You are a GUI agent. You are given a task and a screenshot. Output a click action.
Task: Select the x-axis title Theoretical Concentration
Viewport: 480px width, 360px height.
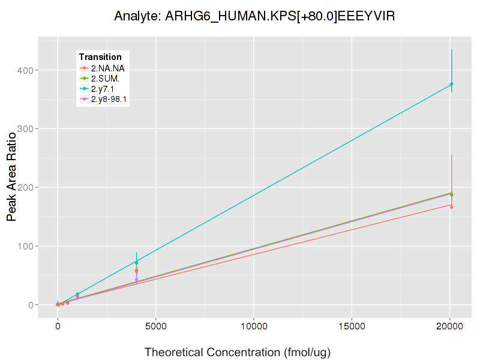coord(238,351)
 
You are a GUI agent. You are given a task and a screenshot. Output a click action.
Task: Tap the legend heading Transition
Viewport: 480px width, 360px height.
coord(100,57)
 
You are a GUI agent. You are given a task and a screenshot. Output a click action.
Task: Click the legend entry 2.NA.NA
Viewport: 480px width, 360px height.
coord(107,68)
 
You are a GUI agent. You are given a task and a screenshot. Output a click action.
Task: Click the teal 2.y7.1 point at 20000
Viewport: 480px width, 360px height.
coord(451,84)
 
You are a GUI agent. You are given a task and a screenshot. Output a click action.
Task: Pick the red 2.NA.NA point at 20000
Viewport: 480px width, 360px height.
coord(451,207)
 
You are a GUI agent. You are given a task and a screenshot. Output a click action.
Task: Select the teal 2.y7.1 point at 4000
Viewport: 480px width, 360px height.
coord(136,263)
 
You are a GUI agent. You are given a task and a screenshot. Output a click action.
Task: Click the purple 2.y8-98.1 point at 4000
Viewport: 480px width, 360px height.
coord(136,280)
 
